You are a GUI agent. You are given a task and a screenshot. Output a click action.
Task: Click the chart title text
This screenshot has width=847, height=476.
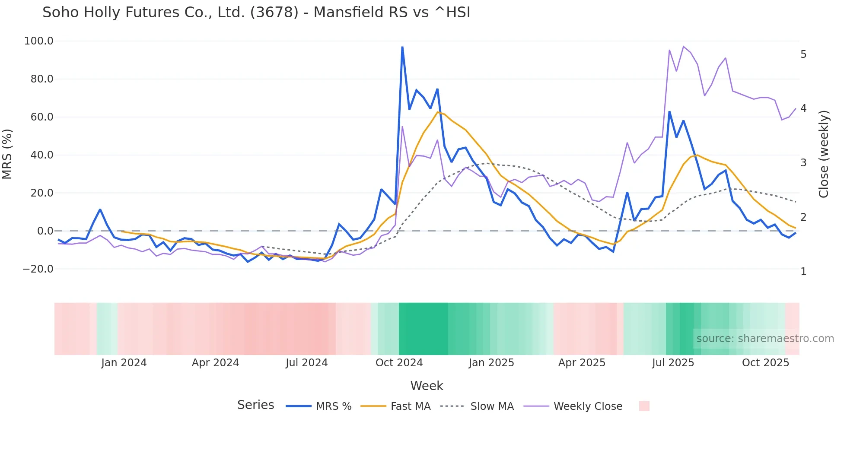(x=256, y=13)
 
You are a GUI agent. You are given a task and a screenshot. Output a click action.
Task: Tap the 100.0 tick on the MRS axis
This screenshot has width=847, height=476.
(x=39, y=41)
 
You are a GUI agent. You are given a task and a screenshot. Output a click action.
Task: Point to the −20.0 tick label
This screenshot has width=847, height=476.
(x=38, y=269)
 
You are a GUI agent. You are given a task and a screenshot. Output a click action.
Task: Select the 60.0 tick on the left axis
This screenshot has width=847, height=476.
(x=42, y=117)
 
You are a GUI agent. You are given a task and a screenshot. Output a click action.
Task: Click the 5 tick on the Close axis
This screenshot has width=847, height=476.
(x=803, y=54)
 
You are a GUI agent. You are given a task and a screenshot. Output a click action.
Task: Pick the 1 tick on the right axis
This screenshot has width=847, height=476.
(x=803, y=272)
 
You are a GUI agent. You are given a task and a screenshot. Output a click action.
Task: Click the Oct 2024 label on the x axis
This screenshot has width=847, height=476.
(x=399, y=363)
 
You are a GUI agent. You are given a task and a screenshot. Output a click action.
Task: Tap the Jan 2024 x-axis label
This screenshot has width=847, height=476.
(x=124, y=363)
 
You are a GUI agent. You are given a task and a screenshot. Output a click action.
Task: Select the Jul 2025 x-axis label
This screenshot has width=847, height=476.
(x=673, y=363)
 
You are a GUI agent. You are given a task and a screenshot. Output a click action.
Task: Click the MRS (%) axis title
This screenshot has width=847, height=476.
(x=7, y=154)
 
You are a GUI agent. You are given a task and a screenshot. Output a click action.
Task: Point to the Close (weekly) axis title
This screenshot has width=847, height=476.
(x=824, y=154)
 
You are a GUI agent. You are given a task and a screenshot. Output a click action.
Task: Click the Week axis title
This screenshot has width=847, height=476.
(x=427, y=386)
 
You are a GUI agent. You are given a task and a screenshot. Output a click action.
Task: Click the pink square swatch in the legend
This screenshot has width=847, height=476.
(x=644, y=406)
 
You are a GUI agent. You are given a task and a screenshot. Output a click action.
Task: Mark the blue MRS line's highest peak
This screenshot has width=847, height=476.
(x=402, y=47)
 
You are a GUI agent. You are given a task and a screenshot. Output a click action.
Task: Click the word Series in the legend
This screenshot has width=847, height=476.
(x=255, y=405)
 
